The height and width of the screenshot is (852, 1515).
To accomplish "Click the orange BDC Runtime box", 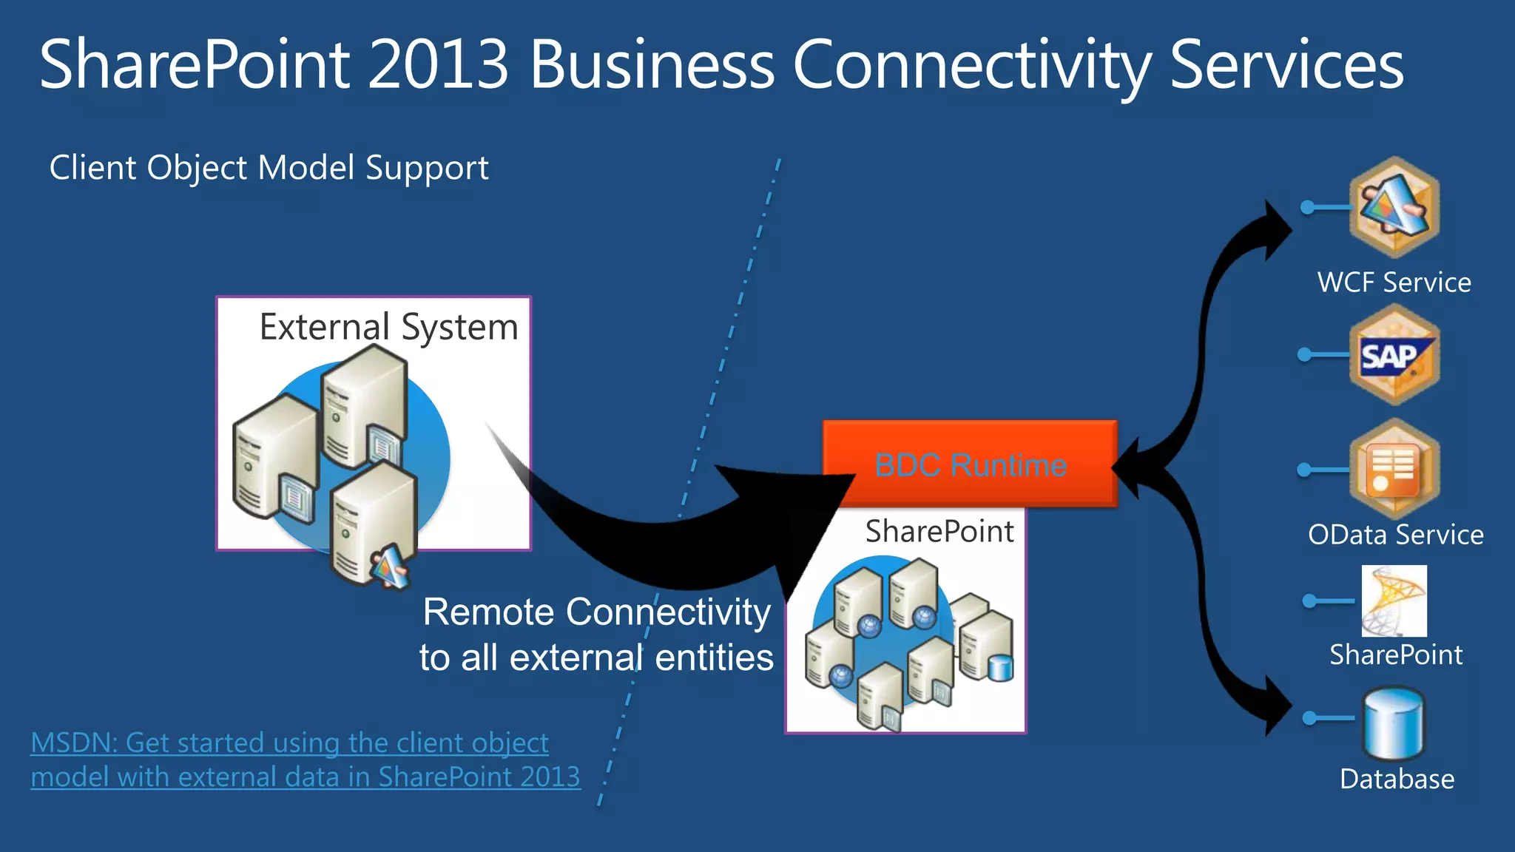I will click(970, 464).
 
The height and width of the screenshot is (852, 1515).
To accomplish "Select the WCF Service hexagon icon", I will click(1394, 206).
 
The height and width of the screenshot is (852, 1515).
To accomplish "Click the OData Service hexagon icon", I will click(1394, 468).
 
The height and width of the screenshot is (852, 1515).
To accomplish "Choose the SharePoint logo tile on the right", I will click(1394, 601).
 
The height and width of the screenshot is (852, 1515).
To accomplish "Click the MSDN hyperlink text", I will click(305, 760).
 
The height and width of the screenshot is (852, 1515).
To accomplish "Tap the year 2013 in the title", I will click(438, 65).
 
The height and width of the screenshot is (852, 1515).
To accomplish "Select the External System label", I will click(388, 327).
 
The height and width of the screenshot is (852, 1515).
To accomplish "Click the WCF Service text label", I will click(1394, 283).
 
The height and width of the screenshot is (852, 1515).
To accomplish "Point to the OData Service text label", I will click(1395, 535).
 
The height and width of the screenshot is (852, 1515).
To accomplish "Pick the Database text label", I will click(1397, 780).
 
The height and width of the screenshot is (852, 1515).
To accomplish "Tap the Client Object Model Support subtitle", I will click(269, 168).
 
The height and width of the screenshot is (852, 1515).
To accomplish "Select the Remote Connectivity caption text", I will click(596, 635).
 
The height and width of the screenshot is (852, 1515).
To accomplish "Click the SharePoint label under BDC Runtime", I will click(939, 531).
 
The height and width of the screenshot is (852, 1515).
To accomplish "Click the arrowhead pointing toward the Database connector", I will click(1276, 706).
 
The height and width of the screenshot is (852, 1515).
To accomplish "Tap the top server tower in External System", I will click(363, 407).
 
